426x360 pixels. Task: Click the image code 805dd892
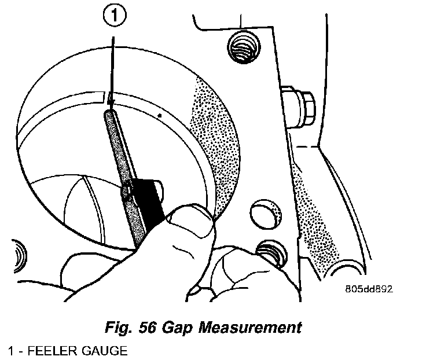(365, 289)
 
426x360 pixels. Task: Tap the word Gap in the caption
(180, 327)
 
